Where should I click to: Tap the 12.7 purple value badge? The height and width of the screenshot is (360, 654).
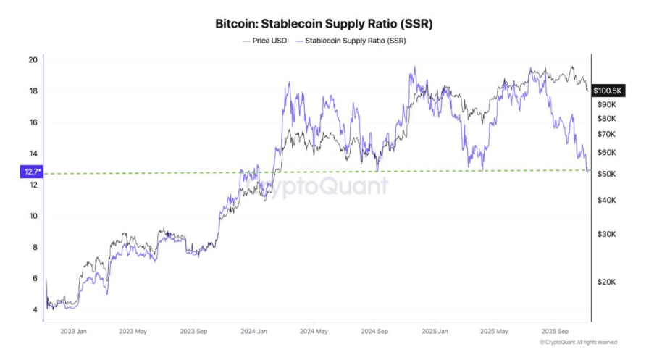(32, 172)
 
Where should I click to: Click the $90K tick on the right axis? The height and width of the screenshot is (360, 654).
(606, 105)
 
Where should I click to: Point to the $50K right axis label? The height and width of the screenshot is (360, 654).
(606, 174)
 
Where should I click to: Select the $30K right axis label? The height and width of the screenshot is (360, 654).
(606, 235)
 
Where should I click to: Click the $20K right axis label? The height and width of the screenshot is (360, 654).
(606, 282)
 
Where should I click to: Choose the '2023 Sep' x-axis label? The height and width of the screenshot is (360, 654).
(193, 332)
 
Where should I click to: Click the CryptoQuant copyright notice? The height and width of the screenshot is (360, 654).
(579, 343)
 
